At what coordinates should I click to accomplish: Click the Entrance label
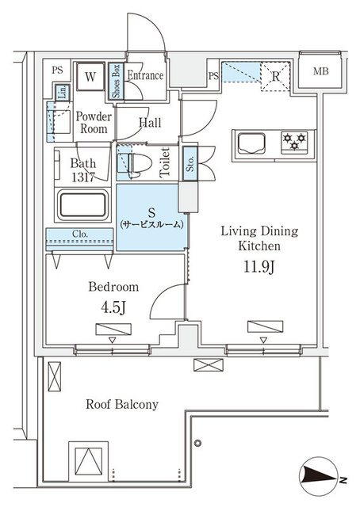tap(146, 77)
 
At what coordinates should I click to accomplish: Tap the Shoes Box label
tap(116, 80)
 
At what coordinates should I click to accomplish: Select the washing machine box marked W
tap(90, 77)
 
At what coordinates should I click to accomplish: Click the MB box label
tap(320, 72)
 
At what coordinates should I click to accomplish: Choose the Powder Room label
tap(93, 123)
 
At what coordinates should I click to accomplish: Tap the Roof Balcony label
tap(122, 404)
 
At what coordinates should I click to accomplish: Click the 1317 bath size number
tap(84, 177)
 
